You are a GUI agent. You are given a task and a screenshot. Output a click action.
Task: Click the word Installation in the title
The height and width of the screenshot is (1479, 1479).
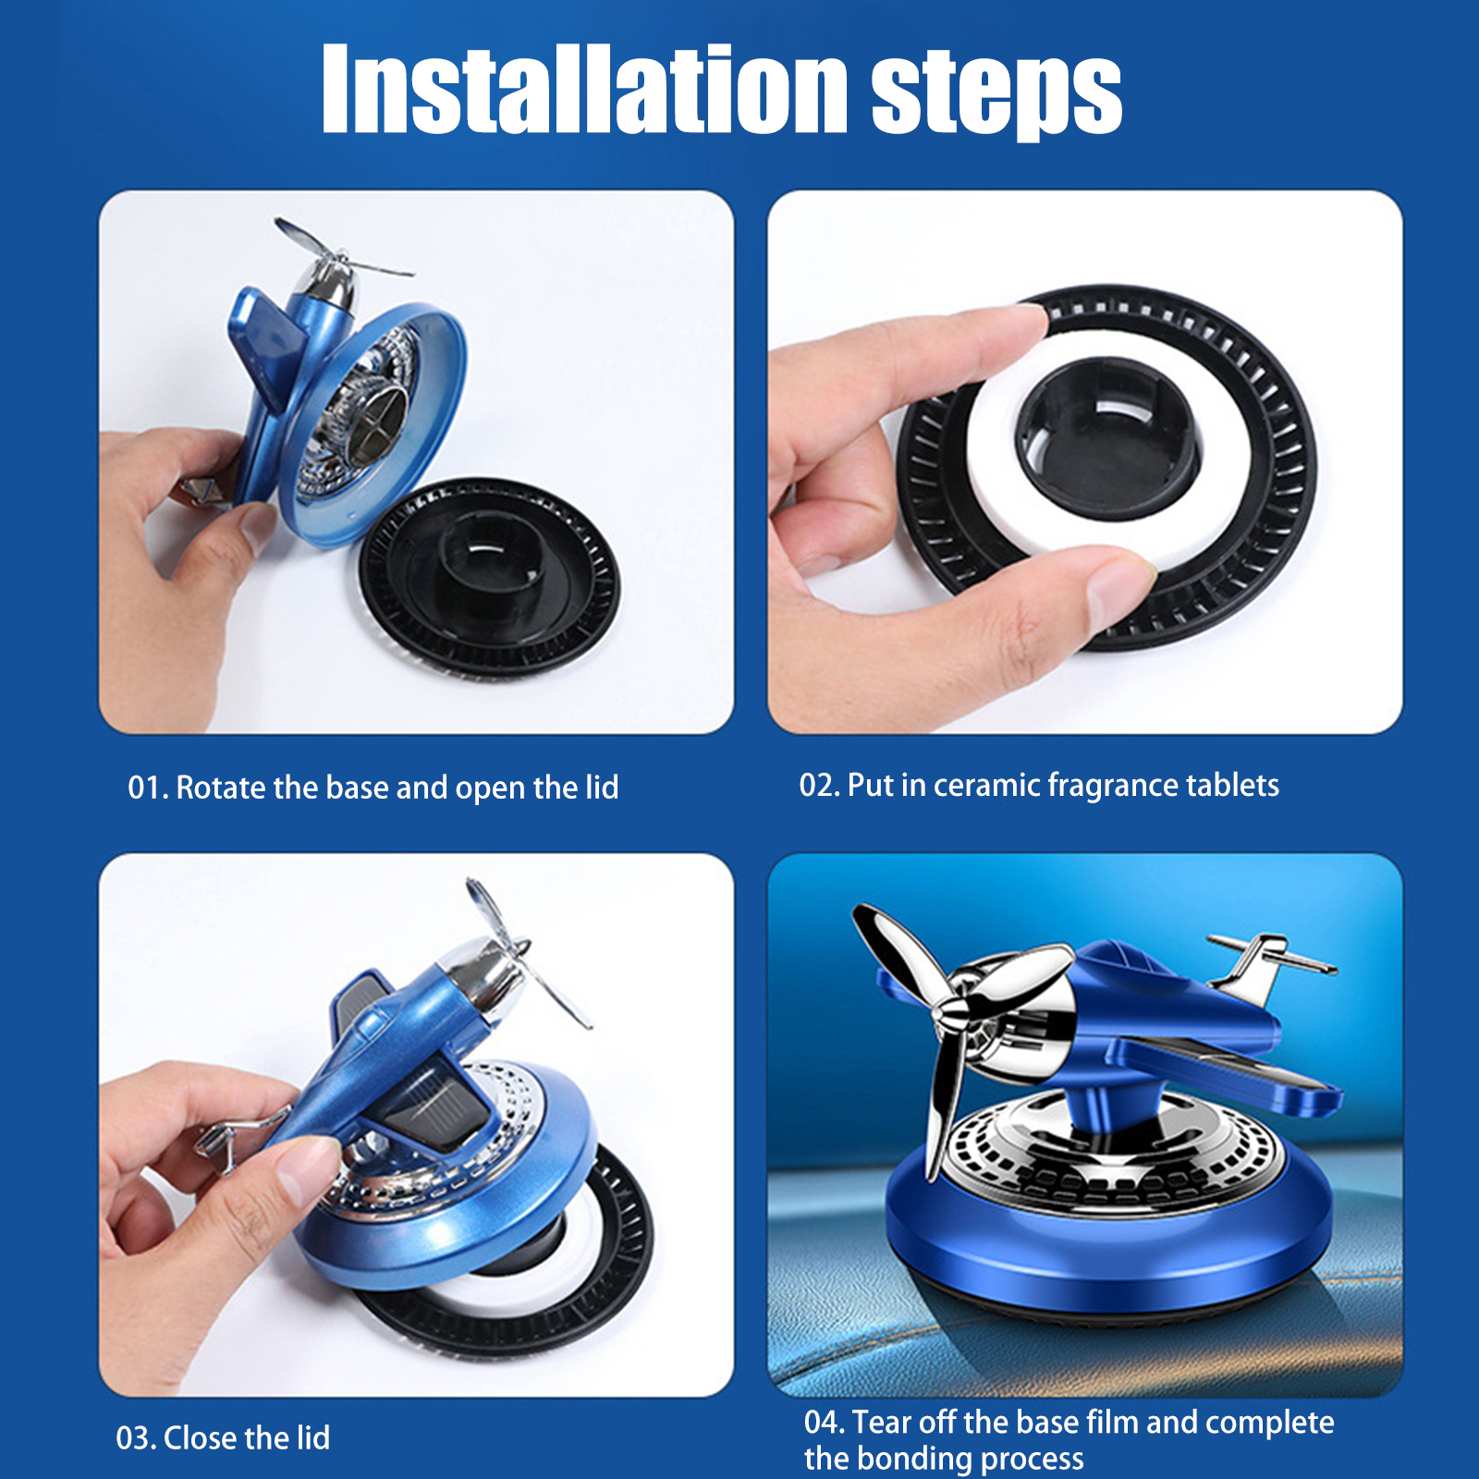584,90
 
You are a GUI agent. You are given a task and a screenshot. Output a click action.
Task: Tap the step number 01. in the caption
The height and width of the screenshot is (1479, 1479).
148,788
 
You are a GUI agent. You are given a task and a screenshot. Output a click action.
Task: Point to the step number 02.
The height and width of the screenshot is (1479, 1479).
820,786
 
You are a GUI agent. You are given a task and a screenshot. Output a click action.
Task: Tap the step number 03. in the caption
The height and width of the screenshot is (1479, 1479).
136,1438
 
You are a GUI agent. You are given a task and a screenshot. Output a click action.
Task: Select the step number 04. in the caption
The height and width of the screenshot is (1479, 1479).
825,1422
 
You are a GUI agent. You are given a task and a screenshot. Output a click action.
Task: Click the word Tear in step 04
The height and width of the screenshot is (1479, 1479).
883,1422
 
